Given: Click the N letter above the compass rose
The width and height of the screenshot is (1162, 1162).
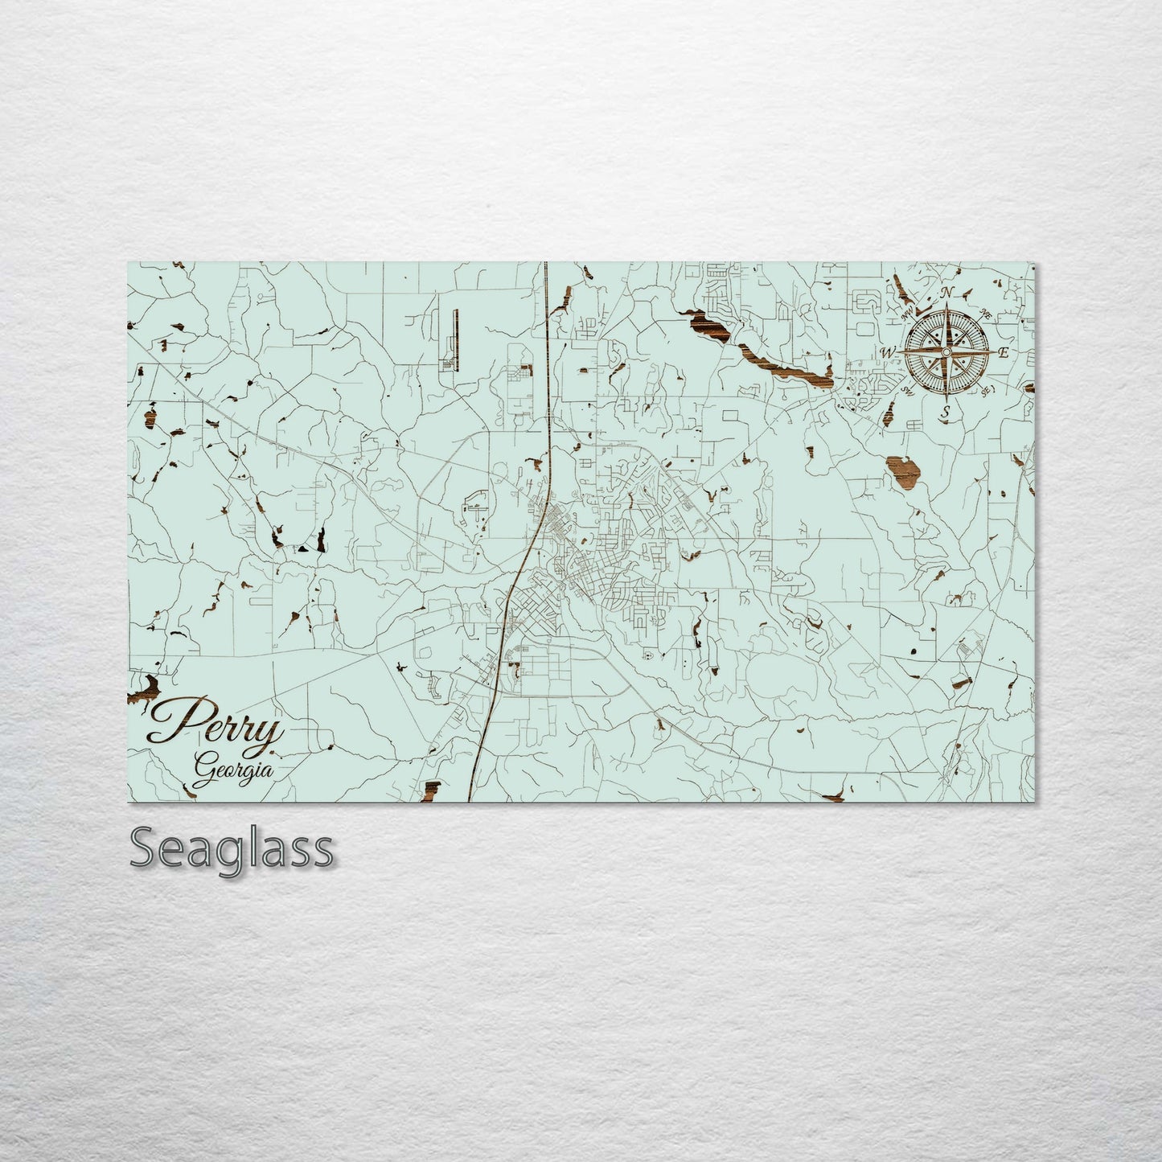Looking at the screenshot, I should coord(947,292).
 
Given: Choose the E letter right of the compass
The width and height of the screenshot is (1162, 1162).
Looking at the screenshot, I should coord(1002,352).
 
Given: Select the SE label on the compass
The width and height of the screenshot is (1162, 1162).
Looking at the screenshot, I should coord(986,390).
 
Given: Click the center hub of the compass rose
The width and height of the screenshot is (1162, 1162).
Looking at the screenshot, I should coord(946,352).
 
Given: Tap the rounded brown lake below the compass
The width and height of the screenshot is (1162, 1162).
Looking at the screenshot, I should coord(902,471).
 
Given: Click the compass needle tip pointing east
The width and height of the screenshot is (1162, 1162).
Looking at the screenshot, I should coord(992,352).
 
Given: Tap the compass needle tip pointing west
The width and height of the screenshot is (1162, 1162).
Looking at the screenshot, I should coord(901,352).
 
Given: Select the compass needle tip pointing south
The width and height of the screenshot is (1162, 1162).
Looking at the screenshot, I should coord(946,398).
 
